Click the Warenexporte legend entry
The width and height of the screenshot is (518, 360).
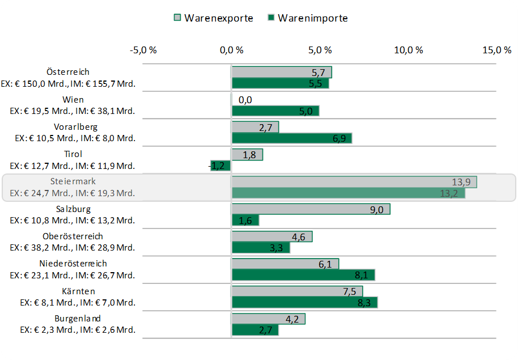pyautogui.click(x=213, y=18)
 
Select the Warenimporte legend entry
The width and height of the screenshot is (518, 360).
pyautogui.click(x=307, y=18)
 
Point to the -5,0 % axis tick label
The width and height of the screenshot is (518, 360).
pyautogui.click(x=143, y=50)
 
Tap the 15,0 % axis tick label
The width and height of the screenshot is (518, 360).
pyautogui.click(x=496, y=50)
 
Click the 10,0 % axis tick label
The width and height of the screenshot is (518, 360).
pyautogui.click(x=408, y=50)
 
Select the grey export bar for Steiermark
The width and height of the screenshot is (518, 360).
pyautogui.click(x=354, y=182)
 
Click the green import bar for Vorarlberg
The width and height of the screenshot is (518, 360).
pyautogui.click(x=291, y=138)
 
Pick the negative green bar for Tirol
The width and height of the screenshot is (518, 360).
pyautogui.click(x=221, y=166)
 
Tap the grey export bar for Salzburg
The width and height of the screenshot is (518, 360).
pyautogui.click(x=311, y=209)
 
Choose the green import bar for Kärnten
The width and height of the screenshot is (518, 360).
pyautogui.click(x=304, y=303)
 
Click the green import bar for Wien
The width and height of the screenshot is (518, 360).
pyautogui.click(x=275, y=111)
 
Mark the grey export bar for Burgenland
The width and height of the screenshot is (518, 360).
pyautogui.click(x=268, y=319)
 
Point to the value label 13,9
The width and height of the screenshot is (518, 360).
pyautogui.click(x=461, y=182)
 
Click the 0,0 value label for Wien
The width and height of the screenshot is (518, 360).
pyautogui.click(x=245, y=100)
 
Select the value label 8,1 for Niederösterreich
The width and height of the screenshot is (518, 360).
pyautogui.click(x=362, y=276)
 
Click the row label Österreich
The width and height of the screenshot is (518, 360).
pyautogui.click(x=68, y=72)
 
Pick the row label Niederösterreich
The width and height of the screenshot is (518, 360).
pyautogui.click(x=73, y=264)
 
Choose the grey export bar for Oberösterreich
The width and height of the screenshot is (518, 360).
pyautogui.click(x=271, y=236)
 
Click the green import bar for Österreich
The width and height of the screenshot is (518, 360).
pyautogui.click(x=280, y=83)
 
